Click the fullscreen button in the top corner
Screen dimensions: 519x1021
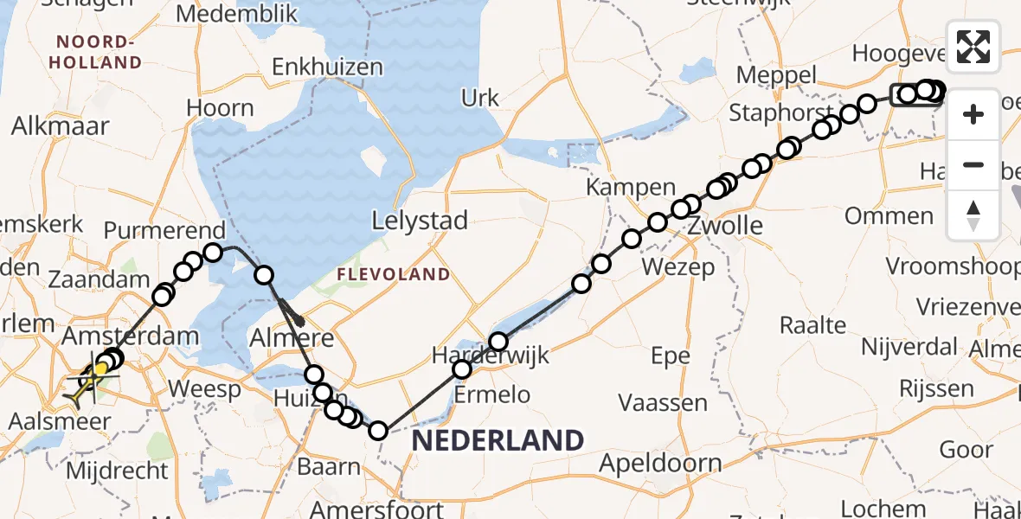point(973,47)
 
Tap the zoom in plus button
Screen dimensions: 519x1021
point(973,114)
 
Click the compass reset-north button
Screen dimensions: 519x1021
point(973,215)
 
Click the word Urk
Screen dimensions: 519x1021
point(480,98)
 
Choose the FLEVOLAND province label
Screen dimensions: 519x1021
point(394,275)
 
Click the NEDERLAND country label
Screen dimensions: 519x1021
point(498,440)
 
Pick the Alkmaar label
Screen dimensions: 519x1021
point(60,126)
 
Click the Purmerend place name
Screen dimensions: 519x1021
point(164,231)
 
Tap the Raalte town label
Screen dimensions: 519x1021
point(812,326)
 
